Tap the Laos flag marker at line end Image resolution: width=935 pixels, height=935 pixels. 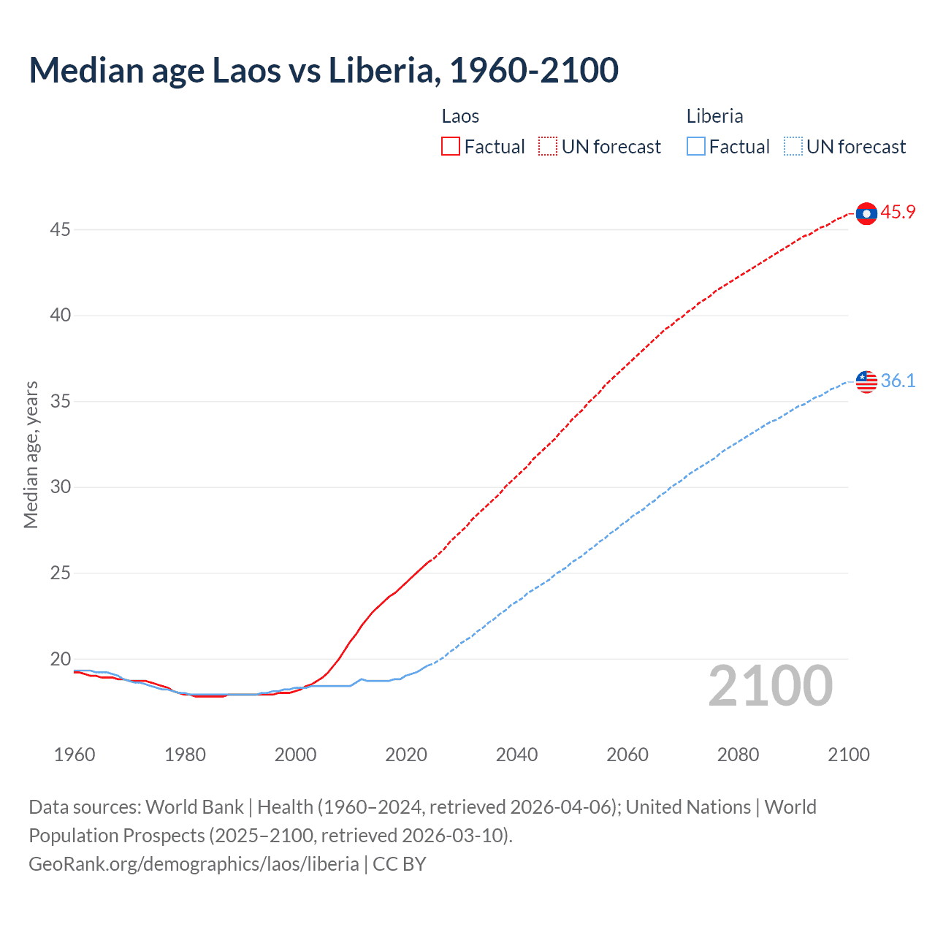coord(866,213)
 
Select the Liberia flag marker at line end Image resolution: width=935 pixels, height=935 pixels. coord(866,381)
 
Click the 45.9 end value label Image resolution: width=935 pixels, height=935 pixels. coord(898,213)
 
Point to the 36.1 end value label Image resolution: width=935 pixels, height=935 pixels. coord(898,381)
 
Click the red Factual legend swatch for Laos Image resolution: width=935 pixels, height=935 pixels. coord(451,147)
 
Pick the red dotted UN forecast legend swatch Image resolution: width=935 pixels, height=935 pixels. coord(548,147)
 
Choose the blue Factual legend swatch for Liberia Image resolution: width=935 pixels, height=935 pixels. coord(696,147)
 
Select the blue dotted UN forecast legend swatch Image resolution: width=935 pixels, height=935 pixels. coord(793,147)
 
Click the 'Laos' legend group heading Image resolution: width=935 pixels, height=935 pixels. coord(460,116)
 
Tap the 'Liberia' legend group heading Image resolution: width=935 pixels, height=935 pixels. coord(714,116)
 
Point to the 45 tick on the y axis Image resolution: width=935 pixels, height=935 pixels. coord(60,230)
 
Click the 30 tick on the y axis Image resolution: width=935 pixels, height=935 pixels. coord(60,487)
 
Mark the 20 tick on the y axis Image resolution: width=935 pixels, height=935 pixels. coord(60,659)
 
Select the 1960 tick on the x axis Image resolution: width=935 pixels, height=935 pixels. coord(75,755)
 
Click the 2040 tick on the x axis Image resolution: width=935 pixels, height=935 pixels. coord(516,755)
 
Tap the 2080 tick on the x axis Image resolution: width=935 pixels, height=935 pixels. coord(738,755)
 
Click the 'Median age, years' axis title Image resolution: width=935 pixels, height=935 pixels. coord(31,454)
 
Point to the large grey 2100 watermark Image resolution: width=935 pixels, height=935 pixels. coord(771,686)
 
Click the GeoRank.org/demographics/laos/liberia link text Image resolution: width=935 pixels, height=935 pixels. coord(194,864)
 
